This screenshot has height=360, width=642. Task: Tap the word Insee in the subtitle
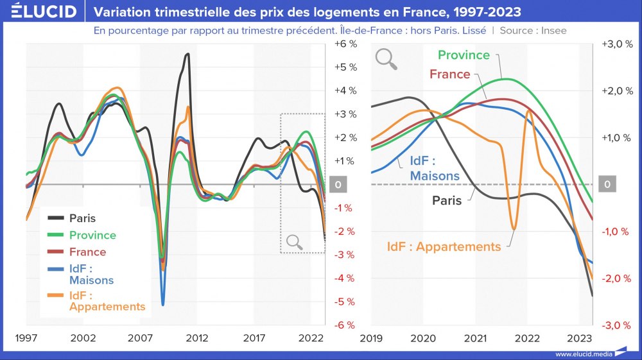tap(554, 30)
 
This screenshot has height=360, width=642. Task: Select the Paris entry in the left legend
tap(82, 218)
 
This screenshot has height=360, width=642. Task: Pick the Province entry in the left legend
tap(92, 236)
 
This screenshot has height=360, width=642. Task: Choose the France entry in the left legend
tap(87, 252)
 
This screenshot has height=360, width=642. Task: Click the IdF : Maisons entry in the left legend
tap(91, 275)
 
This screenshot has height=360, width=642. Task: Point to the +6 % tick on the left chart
tap(345, 44)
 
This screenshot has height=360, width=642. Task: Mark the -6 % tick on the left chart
tap(345, 325)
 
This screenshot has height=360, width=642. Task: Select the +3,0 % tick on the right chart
tap(616, 44)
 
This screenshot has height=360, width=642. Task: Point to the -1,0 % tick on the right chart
tap(616, 231)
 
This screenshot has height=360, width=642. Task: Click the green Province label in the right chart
tap(464, 55)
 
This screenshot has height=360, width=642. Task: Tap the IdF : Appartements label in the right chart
tap(444, 246)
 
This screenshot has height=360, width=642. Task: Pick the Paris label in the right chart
tap(447, 201)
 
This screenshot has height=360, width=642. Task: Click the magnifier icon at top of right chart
tap(386, 58)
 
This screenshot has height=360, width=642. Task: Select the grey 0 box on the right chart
tap(607, 185)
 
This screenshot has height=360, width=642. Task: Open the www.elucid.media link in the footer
tap(583, 354)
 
